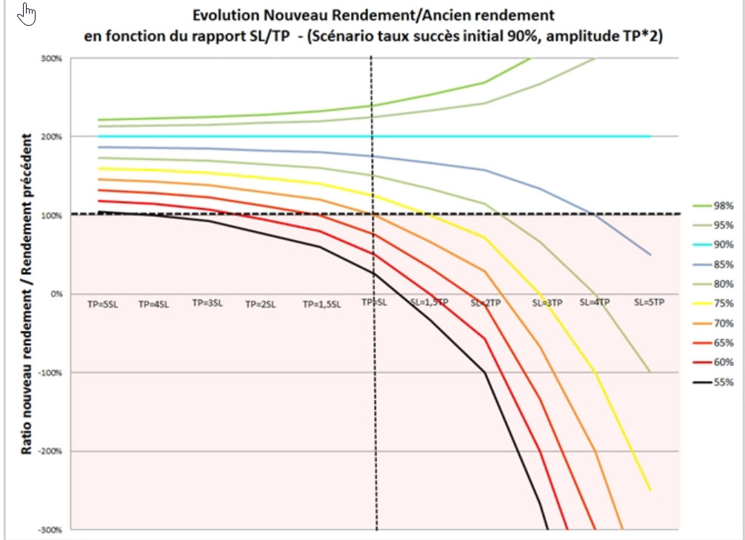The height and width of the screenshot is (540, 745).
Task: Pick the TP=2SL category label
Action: click(261, 304)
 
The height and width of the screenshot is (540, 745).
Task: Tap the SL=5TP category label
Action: click(650, 303)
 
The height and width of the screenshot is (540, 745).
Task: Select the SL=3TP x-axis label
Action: click(547, 303)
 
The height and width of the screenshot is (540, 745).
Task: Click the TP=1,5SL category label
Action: click(321, 304)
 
